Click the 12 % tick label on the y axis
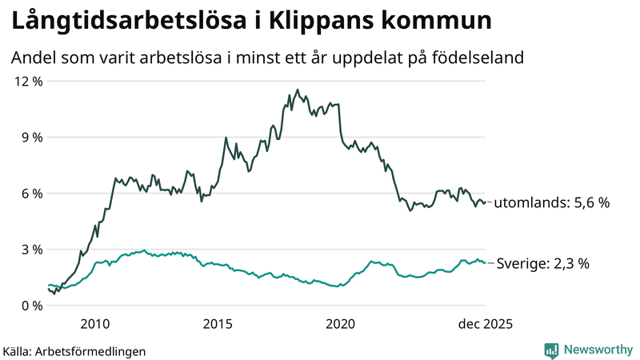(x=27, y=81)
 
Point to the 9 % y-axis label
(x=30, y=137)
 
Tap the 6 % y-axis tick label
(x=30, y=193)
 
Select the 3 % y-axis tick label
(x=30, y=249)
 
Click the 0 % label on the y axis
(x=30, y=305)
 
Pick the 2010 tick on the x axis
(x=94, y=323)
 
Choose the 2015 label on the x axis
(x=218, y=323)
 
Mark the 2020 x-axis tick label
(x=341, y=323)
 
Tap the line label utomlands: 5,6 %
(x=552, y=203)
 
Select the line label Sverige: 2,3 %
(x=543, y=262)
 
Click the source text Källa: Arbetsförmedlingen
(x=74, y=350)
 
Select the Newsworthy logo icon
(x=551, y=350)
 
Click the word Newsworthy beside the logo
(x=597, y=350)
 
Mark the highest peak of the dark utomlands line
(x=297, y=90)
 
